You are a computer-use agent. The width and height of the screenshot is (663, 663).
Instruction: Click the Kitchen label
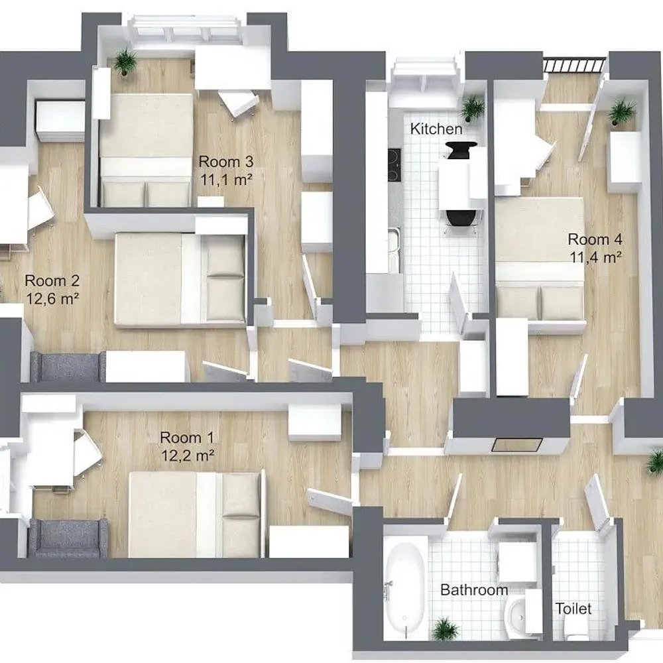coord(436,129)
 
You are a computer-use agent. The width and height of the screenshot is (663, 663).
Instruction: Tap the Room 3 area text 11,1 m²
coord(226,180)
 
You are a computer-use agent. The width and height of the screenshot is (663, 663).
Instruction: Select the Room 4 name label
coord(595,239)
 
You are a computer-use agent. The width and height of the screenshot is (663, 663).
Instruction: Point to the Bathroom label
coord(474,590)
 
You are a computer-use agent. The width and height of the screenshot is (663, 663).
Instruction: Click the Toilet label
coord(573,609)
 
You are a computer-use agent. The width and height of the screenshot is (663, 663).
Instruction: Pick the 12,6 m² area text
coord(52,299)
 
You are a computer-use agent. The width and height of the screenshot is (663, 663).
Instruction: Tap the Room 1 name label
coord(187,438)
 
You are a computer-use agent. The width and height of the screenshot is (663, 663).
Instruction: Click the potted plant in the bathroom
coord(444,629)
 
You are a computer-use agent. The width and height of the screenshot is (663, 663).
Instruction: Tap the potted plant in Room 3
coord(125,62)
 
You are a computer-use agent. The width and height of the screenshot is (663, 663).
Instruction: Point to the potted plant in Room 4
coord(622,111)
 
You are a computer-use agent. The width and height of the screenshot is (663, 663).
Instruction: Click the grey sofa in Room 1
coord(68,538)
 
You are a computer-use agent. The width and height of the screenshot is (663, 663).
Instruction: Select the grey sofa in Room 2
coord(68,366)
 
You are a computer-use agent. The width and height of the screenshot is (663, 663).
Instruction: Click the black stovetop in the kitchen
coord(394,164)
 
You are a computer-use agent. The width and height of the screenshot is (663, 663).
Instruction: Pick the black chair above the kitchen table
coord(461,150)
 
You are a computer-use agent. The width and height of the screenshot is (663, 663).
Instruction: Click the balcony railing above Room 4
coord(573,65)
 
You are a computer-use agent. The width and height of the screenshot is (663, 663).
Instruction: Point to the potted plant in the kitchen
coord(473,107)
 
